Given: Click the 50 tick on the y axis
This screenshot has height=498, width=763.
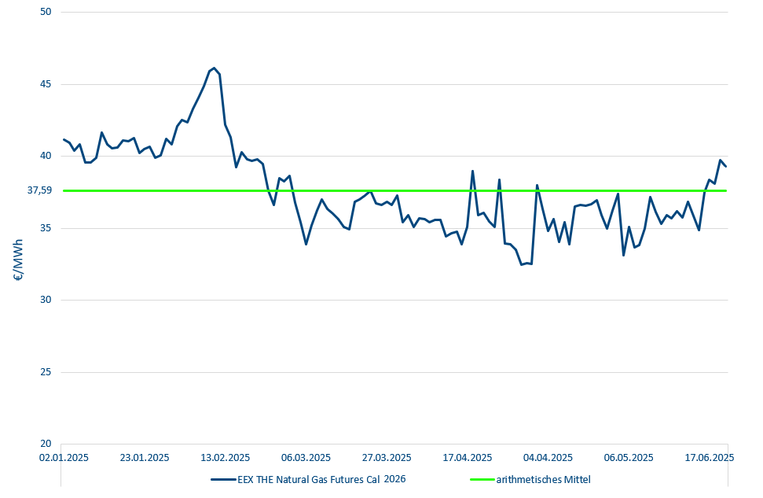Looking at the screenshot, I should click(x=44, y=13).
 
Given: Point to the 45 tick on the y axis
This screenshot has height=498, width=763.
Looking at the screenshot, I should click(x=44, y=84).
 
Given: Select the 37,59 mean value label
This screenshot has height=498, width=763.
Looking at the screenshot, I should click(x=39, y=190).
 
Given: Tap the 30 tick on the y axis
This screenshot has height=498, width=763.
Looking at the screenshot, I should click(x=44, y=301).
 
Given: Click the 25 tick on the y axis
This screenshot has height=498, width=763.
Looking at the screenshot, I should click(x=44, y=372).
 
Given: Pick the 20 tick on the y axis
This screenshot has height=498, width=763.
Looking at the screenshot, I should click(x=44, y=444).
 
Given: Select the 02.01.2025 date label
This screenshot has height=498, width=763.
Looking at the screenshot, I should click(x=64, y=457).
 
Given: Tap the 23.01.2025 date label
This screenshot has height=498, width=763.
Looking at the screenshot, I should click(x=145, y=457).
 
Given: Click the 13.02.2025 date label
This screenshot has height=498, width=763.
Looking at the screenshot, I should click(x=225, y=457).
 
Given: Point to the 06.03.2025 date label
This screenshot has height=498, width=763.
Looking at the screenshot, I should click(x=306, y=457).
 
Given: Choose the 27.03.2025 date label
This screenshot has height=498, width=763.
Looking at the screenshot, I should click(x=387, y=457).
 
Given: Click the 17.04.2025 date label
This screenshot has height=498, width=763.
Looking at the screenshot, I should click(x=468, y=457).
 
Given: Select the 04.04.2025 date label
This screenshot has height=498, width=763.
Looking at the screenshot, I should click(x=548, y=457).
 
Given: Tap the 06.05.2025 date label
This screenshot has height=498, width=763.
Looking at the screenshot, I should click(x=629, y=457).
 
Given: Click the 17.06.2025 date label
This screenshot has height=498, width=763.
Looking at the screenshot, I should click(x=710, y=457).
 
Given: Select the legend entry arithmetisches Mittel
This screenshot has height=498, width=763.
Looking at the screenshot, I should click(x=543, y=478).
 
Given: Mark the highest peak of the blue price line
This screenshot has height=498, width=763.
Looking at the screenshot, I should click(x=215, y=68).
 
